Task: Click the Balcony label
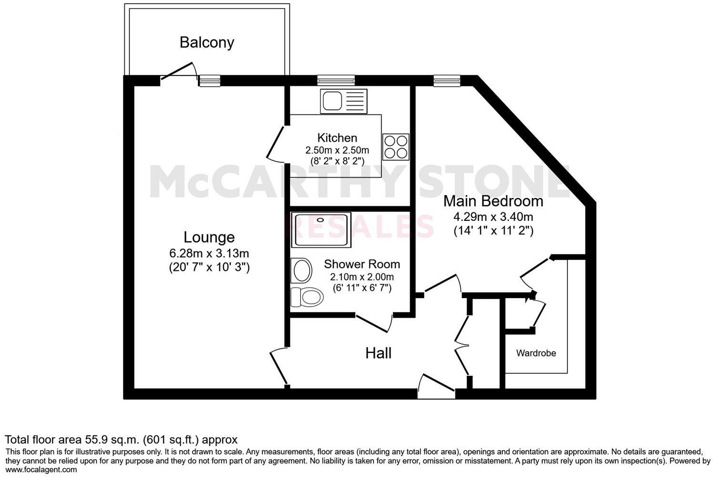(207, 42)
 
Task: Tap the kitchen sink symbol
(343, 101)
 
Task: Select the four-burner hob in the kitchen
(396, 146)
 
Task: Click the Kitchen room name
(337, 138)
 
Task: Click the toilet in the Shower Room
(306, 297)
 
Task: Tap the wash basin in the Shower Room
(301, 270)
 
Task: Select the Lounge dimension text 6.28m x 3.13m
(209, 253)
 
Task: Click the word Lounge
(209, 237)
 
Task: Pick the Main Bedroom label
(493, 201)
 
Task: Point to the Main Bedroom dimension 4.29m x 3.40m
(493, 217)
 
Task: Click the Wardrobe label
(536, 353)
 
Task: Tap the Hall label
(378, 353)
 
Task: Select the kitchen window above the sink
(336, 81)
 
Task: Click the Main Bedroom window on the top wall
(447, 81)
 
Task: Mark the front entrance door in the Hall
(436, 386)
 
